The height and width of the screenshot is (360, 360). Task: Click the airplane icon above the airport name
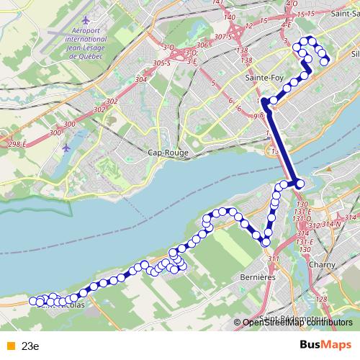pos(87,17)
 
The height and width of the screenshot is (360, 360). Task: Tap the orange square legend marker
pos(9,345)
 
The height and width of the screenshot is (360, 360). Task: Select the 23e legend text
pos(30,345)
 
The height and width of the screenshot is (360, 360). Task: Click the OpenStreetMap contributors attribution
pos(299,323)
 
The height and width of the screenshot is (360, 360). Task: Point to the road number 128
pos(321,299)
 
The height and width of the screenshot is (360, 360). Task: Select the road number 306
pos(202,45)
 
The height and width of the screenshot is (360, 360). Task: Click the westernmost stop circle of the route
pos(32,302)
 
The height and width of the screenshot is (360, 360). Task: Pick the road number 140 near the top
pos(230,17)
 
